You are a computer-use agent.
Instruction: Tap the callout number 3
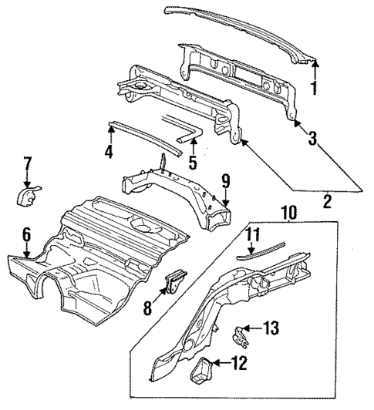[x=312, y=139]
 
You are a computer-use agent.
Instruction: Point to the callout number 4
[x=109, y=153]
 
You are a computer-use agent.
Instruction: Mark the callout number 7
[x=27, y=164]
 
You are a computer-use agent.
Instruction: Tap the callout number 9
[x=226, y=183]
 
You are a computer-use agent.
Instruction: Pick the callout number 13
[x=270, y=328]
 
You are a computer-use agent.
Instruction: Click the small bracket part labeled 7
[x=29, y=195]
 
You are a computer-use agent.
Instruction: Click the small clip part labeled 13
[x=241, y=334]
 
